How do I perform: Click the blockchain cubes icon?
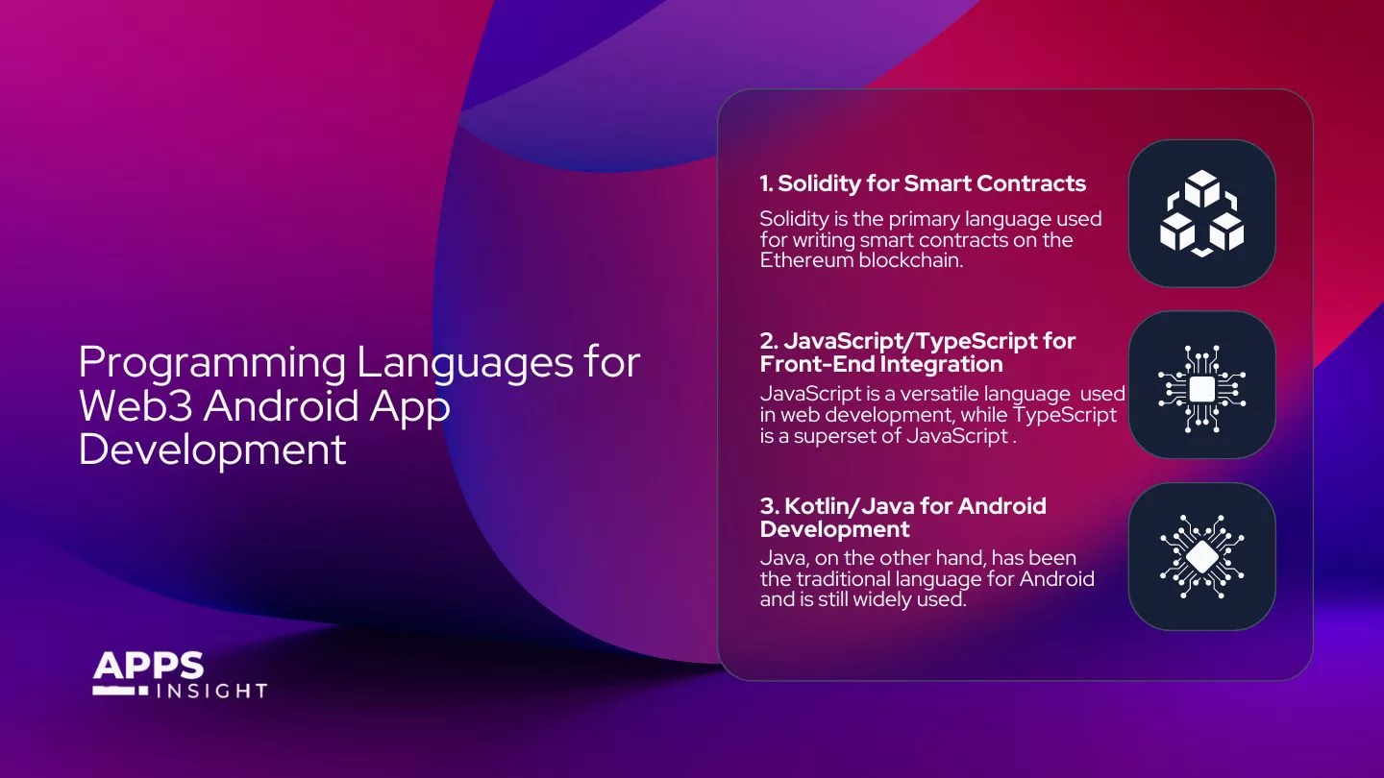(x=1201, y=213)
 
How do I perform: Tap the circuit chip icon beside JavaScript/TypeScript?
(x=1201, y=385)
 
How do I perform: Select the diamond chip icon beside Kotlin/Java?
(x=1201, y=556)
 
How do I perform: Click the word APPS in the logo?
(x=149, y=666)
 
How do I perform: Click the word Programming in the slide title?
(x=211, y=364)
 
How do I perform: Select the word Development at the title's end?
(x=212, y=449)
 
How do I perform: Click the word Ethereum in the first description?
(x=803, y=259)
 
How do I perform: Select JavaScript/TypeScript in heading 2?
(x=917, y=341)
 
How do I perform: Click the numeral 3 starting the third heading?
(x=766, y=506)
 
